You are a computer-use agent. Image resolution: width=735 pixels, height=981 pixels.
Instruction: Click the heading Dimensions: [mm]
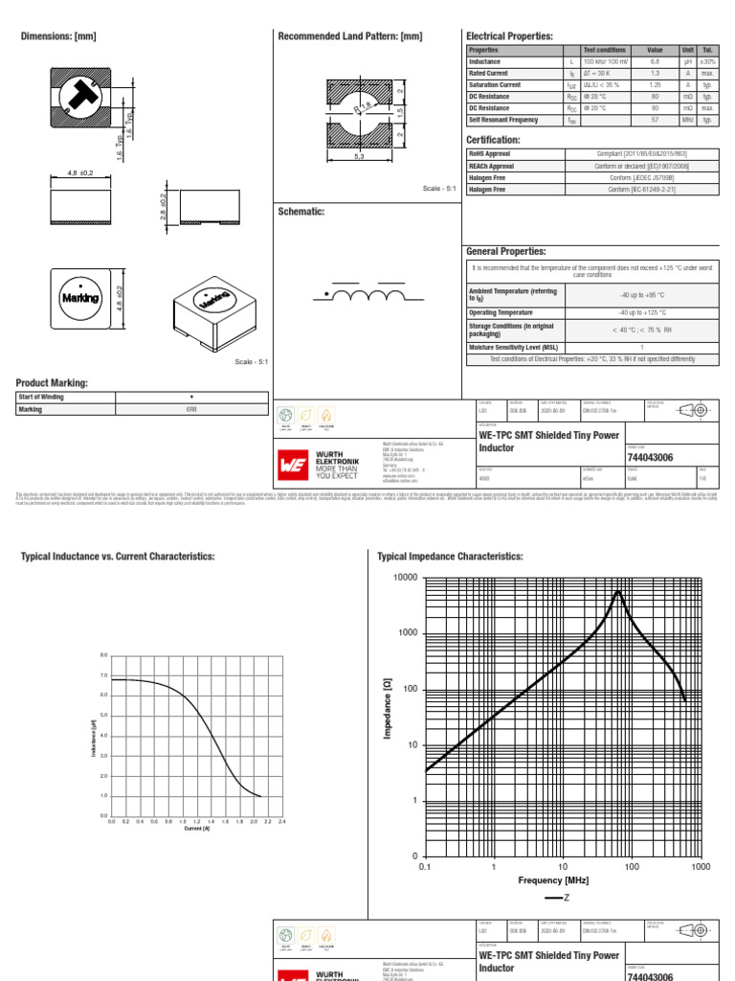pyautogui.click(x=58, y=36)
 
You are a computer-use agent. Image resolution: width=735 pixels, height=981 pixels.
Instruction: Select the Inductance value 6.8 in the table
pyautogui.click(x=655, y=61)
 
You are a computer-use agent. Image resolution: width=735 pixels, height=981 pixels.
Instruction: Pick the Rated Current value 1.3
pyautogui.click(x=655, y=73)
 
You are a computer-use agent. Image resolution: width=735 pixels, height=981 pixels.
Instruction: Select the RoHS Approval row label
pyautogui.click(x=489, y=153)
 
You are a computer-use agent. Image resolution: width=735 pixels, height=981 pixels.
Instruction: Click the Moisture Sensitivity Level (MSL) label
pyautogui.click(x=512, y=348)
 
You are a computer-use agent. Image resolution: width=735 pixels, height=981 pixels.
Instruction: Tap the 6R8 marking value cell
pyautogui.click(x=191, y=409)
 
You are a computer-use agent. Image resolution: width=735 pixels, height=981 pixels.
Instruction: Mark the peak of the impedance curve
pyautogui.click(x=619, y=591)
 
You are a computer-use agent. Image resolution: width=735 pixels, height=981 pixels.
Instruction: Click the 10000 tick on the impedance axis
pyautogui.click(x=401, y=578)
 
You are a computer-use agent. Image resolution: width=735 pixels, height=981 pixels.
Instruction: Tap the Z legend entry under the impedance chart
pyautogui.click(x=561, y=898)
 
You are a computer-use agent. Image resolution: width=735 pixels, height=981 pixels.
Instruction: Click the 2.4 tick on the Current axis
pyautogui.click(x=282, y=822)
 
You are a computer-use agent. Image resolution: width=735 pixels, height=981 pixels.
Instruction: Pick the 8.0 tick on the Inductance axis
pyautogui.click(x=104, y=655)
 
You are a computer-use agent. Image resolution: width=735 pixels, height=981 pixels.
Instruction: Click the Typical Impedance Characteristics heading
pyautogui.click(x=450, y=556)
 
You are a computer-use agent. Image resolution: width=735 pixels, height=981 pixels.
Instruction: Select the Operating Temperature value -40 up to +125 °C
pyautogui.click(x=642, y=313)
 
